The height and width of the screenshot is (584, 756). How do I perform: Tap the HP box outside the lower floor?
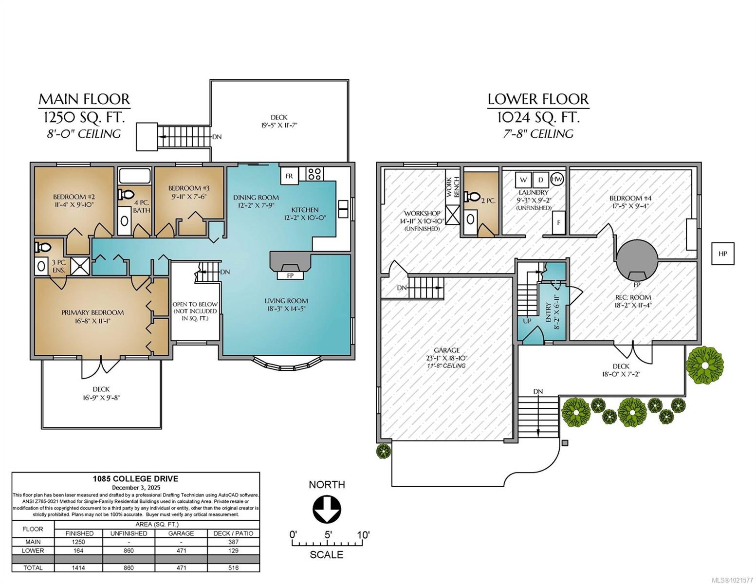722,254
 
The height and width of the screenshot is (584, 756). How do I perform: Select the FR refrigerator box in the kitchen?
289,176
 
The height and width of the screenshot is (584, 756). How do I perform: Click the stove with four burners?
314,174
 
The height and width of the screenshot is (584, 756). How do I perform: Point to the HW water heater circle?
557,179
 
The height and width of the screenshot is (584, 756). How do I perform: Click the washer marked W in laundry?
523,180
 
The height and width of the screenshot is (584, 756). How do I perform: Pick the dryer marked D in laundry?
540,180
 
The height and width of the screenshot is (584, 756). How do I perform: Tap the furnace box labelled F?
559,222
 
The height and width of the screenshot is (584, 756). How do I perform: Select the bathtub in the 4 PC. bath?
135,176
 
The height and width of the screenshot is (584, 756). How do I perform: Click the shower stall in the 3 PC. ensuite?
78,266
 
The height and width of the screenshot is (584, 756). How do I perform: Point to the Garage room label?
446,350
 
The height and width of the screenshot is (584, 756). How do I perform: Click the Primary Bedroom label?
92,312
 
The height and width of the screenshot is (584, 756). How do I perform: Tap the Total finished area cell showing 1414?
79,567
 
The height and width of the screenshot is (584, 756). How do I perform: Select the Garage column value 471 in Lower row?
181,550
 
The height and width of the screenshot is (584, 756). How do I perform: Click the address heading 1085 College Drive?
136,479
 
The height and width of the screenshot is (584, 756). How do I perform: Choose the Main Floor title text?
84,99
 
